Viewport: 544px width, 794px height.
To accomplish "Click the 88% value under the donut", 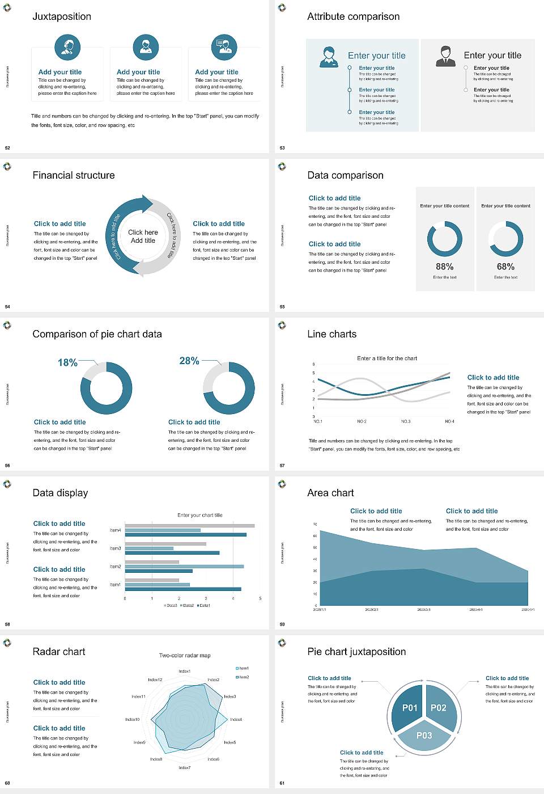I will click(445, 267).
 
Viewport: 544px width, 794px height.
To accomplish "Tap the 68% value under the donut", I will click(505, 267).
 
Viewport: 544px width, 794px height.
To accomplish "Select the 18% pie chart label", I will click(67, 362).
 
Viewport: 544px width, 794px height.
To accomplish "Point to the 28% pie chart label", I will click(189, 361).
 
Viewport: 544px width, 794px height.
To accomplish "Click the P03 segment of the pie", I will click(424, 736).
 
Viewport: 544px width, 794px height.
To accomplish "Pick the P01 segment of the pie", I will click(409, 708).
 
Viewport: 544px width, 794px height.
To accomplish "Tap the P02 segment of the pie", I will click(439, 708).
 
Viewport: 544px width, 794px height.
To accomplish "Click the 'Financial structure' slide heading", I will click(74, 175).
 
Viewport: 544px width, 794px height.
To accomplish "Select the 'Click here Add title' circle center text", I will click(143, 236).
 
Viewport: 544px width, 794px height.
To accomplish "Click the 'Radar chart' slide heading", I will click(59, 652).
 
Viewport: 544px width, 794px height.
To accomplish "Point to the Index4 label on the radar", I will click(236, 719).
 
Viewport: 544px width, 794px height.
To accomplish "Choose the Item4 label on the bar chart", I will click(115, 530).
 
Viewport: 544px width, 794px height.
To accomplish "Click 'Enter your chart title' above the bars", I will click(200, 515).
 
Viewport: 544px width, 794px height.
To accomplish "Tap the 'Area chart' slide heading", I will click(330, 493).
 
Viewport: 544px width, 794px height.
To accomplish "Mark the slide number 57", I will click(282, 466).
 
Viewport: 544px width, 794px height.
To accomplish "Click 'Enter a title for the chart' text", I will click(387, 358).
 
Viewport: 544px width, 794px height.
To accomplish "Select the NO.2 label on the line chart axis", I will click(362, 421).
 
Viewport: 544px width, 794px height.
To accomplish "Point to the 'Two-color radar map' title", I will click(185, 656).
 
